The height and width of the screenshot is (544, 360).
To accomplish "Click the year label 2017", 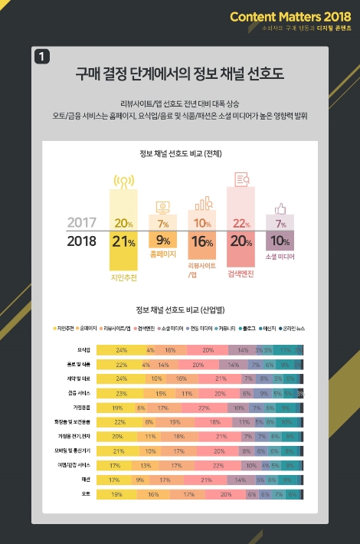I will coord(82,223).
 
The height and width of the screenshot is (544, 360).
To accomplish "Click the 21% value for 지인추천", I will coord(123,241).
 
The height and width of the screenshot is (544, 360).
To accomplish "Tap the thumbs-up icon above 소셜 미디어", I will coord(280,208).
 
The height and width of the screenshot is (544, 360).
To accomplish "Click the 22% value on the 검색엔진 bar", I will coord(241,224).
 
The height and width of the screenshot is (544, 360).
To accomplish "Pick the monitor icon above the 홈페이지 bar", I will coord(162,206).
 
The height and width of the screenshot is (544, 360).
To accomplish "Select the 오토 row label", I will coord(76,495).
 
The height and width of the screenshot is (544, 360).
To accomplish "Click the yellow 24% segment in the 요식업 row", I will coord(121,349).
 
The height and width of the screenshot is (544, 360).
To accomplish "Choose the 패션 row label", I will coord(76,480).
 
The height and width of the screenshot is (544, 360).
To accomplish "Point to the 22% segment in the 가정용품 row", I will coord(204,408).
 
